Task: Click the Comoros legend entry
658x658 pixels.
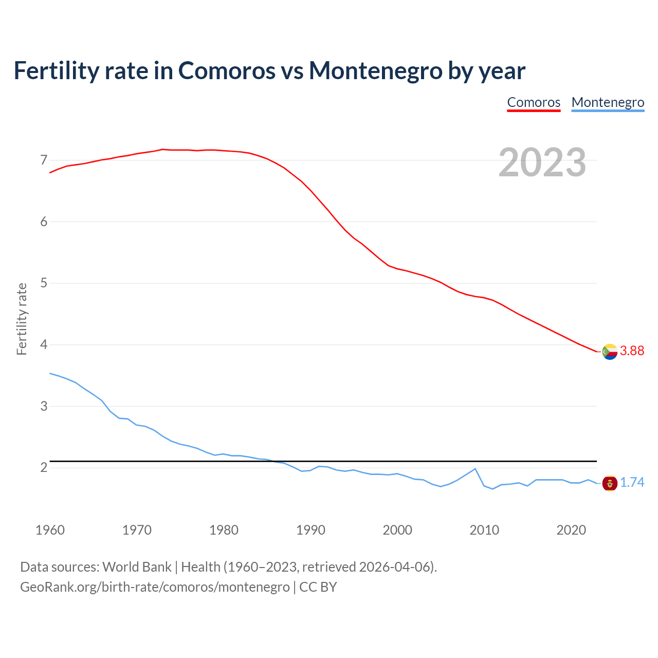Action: click(534, 102)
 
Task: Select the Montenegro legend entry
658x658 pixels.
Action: click(608, 102)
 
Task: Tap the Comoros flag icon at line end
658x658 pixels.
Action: click(610, 352)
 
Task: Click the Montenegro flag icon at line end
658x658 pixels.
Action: click(610, 483)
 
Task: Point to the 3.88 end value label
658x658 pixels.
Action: click(632, 351)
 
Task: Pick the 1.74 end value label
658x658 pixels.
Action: click(632, 483)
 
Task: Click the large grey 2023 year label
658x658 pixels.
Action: click(542, 162)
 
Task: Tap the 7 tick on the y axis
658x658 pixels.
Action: click(44, 160)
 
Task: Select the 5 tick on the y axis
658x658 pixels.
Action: click(44, 283)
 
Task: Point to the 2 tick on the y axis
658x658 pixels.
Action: click(44, 467)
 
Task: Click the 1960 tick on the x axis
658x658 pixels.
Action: click(50, 530)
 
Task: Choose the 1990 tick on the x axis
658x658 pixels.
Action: click(310, 530)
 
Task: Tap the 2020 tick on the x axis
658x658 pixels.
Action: click(571, 530)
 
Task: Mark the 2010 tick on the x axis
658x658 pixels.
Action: click(484, 530)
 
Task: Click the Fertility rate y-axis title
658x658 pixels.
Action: click(22, 319)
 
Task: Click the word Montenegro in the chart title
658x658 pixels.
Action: click(375, 70)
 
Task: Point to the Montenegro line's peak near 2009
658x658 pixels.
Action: click(475, 469)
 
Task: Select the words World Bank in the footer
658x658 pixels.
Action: click(137, 567)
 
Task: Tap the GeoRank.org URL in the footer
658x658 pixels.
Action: click(155, 587)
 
